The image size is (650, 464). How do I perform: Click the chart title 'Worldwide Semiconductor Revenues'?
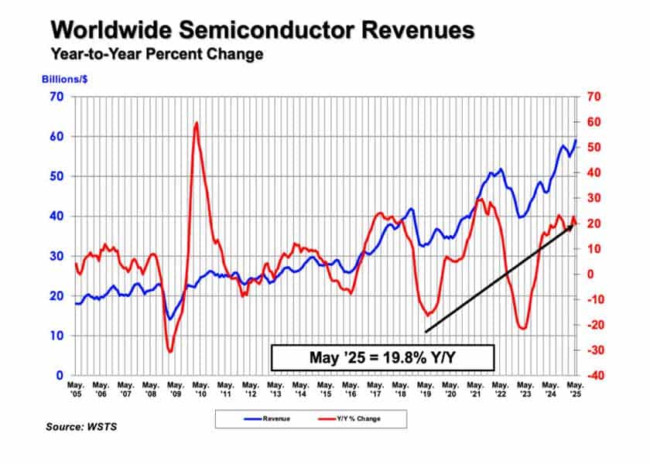pos(262,31)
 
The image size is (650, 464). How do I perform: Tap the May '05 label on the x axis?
pos(76,389)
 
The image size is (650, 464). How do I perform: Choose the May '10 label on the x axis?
pos(200,389)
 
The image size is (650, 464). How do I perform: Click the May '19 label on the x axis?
pos(424,389)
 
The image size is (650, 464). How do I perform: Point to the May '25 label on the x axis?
pos(573,389)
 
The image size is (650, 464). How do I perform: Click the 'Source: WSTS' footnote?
pos(77,426)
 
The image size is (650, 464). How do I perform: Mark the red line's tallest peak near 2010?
pos(197,123)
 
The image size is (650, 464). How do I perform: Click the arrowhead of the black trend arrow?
pos(572,224)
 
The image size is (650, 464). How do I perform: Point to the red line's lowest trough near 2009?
pos(170,351)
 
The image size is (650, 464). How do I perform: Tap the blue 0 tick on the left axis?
pos(59,375)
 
